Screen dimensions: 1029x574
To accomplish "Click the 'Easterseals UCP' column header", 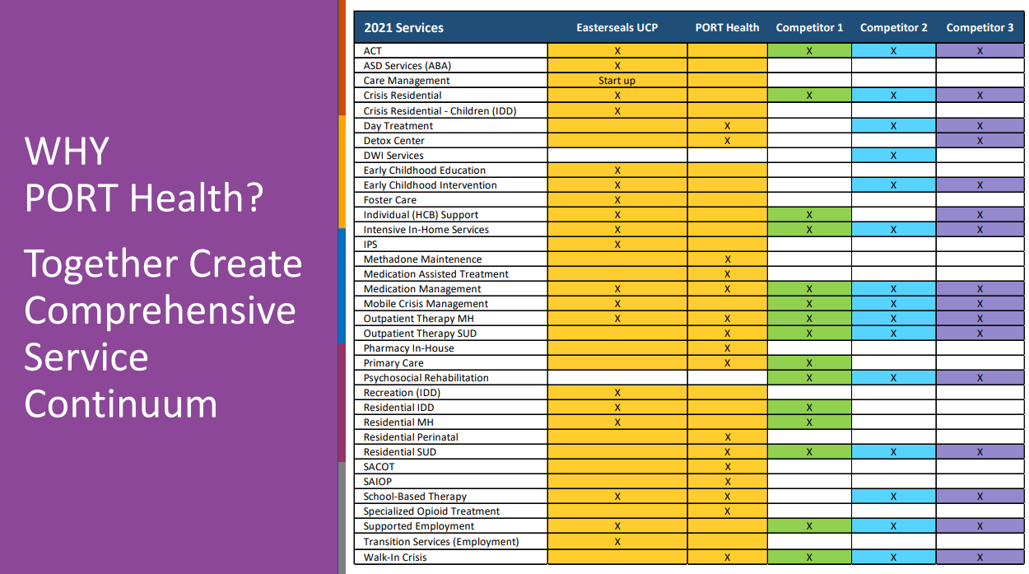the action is click(x=617, y=27).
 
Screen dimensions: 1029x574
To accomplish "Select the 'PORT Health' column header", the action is click(x=727, y=27).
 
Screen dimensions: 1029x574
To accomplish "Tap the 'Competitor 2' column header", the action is click(x=893, y=27).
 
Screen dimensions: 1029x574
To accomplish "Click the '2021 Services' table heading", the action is click(x=403, y=27).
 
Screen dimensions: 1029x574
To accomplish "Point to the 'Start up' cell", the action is click(x=617, y=81).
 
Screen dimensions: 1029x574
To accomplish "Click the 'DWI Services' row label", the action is click(x=393, y=156).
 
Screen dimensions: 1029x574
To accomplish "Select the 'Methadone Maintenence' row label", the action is click(x=422, y=259).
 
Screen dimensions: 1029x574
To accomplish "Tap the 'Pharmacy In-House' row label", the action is click(x=408, y=348).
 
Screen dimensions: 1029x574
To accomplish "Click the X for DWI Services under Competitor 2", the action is click(x=893, y=156).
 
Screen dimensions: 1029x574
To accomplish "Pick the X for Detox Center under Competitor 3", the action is click(x=980, y=141).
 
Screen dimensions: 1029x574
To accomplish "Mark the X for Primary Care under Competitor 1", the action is click(x=809, y=363).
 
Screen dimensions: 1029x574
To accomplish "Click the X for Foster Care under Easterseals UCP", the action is click(x=617, y=200).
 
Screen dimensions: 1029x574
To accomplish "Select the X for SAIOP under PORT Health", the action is click(x=727, y=482).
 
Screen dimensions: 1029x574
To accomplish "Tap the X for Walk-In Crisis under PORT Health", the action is click(x=727, y=558).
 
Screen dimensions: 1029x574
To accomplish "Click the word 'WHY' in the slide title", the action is click(x=67, y=151).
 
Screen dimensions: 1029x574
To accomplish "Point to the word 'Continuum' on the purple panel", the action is click(x=120, y=404).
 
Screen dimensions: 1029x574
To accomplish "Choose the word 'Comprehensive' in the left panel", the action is click(x=160, y=311).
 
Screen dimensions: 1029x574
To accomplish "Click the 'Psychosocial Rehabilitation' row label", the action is click(x=426, y=378).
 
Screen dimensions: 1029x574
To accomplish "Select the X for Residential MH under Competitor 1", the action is click(x=809, y=422).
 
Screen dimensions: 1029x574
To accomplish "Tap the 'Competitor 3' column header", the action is click(x=980, y=27).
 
